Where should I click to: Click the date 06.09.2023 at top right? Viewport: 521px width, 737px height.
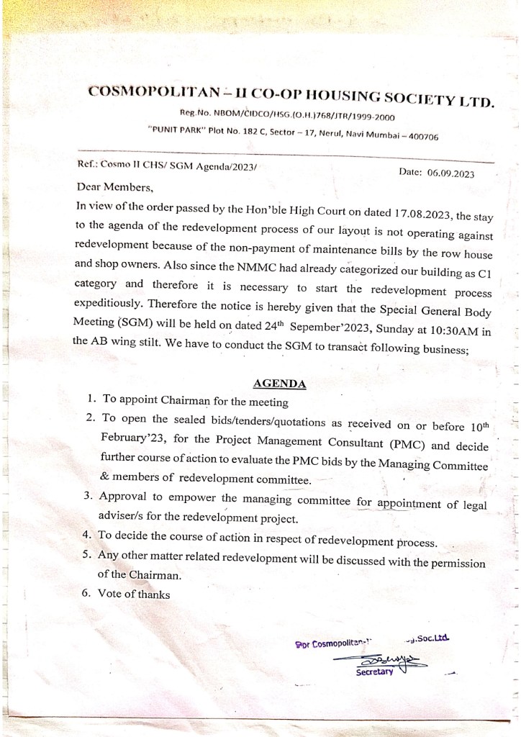(450, 173)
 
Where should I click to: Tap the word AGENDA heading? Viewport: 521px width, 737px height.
(279, 383)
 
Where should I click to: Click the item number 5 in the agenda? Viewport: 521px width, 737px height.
(86, 554)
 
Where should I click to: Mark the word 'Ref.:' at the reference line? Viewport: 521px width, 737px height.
(88, 166)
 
